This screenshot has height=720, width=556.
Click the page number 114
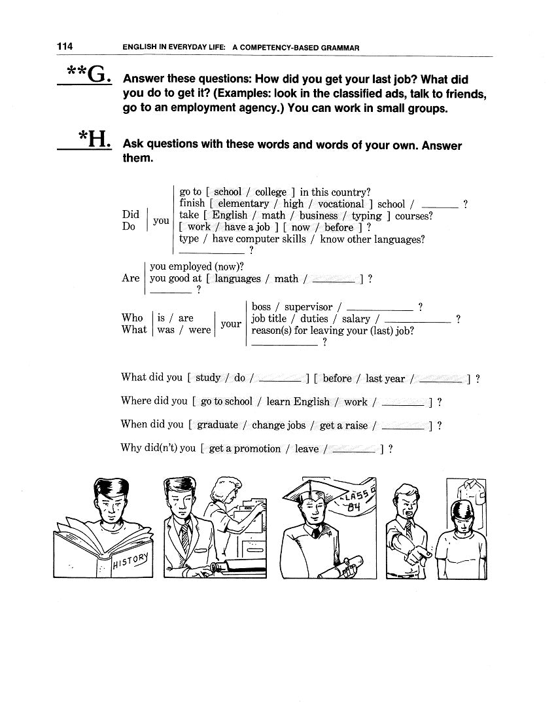[x=64, y=46]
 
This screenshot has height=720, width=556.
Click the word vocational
[x=341, y=204]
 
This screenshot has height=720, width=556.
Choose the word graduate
[x=217, y=425]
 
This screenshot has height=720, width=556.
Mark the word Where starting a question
[x=135, y=401]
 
